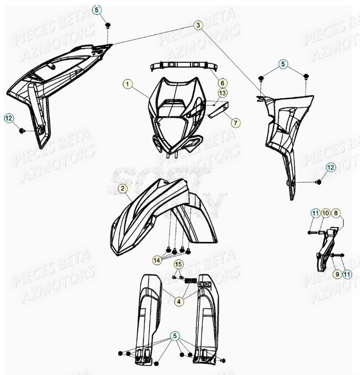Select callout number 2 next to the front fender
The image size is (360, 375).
(x=122, y=188)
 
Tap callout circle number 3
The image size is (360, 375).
(x=197, y=25)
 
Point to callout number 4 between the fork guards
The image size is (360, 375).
(x=179, y=301)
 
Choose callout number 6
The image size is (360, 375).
(x=222, y=83)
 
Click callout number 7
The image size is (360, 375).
(x=222, y=123)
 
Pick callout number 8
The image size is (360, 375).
(x=337, y=213)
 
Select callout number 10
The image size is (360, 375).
(x=326, y=213)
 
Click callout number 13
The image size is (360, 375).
(x=222, y=93)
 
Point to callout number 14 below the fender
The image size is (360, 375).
(x=157, y=260)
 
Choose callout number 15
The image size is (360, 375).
(x=178, y=264)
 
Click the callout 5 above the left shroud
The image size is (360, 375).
(x=97, y=9)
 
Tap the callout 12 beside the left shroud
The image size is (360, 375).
(x=9, y=119)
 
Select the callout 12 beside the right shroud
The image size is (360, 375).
(x=330, y=168)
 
